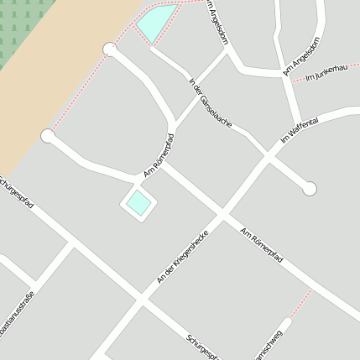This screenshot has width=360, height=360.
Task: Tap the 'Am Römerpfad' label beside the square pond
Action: pyautogui.click(x=159, y=155)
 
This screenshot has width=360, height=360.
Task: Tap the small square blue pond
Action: pyautogui.click(x=138, y=203)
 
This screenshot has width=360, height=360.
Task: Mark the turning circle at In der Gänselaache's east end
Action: pyautogui.click(x=310, y=189)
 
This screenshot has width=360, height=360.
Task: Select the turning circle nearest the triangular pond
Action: pyautogui.click(x=109, y=50)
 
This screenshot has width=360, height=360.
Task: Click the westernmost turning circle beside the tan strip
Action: pyautogui.click(x=48, y=135)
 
